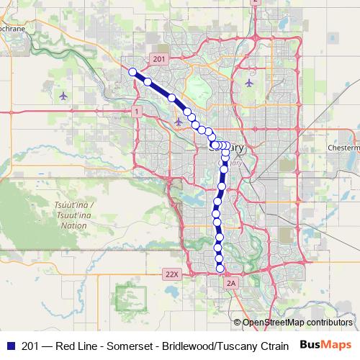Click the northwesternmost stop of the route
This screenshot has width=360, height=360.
tap(132, 71)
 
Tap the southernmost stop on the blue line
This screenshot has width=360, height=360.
tap(220, 269)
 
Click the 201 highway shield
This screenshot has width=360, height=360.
tap(159, 58)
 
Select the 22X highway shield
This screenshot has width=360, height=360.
tap(171, 274)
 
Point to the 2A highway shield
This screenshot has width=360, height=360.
tap(230, 284)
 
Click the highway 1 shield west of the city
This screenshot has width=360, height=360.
tap(136, 112)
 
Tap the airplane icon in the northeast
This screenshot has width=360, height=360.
tap(249, 81)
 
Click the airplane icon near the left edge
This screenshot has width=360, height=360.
tap(64, 95)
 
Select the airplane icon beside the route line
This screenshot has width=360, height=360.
tap(179, 121)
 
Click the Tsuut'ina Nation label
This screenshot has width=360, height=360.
tap(71, 215)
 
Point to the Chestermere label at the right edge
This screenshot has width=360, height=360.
tap(343, 147)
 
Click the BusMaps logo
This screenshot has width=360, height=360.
tap(325, 345)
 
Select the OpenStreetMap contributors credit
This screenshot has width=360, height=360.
tap(297, 322)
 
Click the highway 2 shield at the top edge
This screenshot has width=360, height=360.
tap(254, 2)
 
